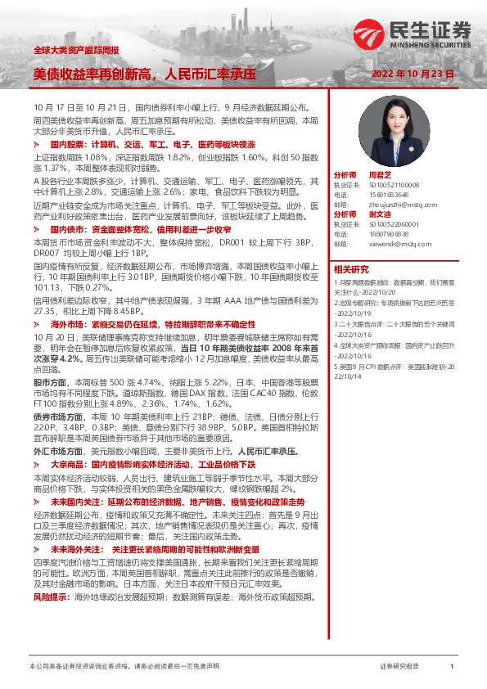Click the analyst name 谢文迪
(381, 214)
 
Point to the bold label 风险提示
(51, 574)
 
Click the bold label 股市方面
(51, 381)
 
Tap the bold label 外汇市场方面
(56, 450)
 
